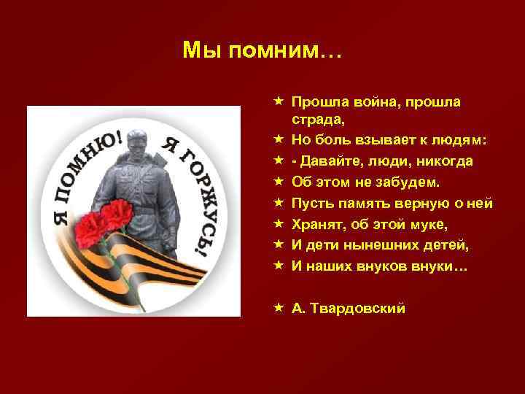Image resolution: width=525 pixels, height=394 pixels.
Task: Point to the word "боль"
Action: [x=332, y=139]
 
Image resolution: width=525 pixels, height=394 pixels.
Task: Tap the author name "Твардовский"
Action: [x=358, y=308]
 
